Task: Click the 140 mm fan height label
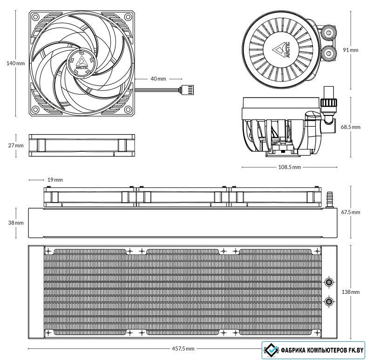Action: click(16, 63)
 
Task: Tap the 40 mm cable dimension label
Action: click(158, 79)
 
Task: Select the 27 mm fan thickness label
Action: click(16, 145)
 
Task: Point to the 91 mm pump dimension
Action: click(350, 50)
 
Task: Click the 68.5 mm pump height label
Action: click(351, 127)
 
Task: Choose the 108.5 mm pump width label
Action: click(290, 167)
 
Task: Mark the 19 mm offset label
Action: click(55, 180)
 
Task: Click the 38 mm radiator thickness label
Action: click(16, 223)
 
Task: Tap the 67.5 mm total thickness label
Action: click(351, 212)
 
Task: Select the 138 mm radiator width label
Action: click(351, 292)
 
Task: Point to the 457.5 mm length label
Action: click(183, 348)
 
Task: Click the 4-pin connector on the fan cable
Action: click(187, 89)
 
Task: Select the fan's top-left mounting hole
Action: click(35, 17)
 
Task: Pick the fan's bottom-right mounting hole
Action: click(128, 109)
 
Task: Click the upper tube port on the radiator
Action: click(329, 282)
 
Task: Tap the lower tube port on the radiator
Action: click(329, 301)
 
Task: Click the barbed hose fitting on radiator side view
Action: click(330, 200)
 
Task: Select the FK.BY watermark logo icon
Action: click(271, 350)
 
